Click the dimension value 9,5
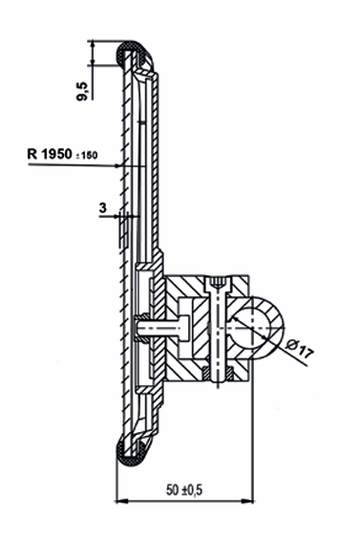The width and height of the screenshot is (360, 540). pos(83,91)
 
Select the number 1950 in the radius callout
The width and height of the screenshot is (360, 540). pos(57,154)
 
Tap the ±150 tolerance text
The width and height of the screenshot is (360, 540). pos(86,156)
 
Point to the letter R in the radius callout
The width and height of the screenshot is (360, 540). pos(32,154)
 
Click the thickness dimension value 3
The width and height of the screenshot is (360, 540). pos(102,207)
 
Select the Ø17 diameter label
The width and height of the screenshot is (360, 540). pos(300,348)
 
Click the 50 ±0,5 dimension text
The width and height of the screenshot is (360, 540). pos(184,489)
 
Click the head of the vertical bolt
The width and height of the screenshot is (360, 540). pos(217,284)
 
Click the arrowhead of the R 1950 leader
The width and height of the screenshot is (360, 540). pos(117,166)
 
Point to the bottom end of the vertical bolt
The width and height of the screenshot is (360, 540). pos(218,380)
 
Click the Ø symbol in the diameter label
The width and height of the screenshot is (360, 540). pos(292,344)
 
